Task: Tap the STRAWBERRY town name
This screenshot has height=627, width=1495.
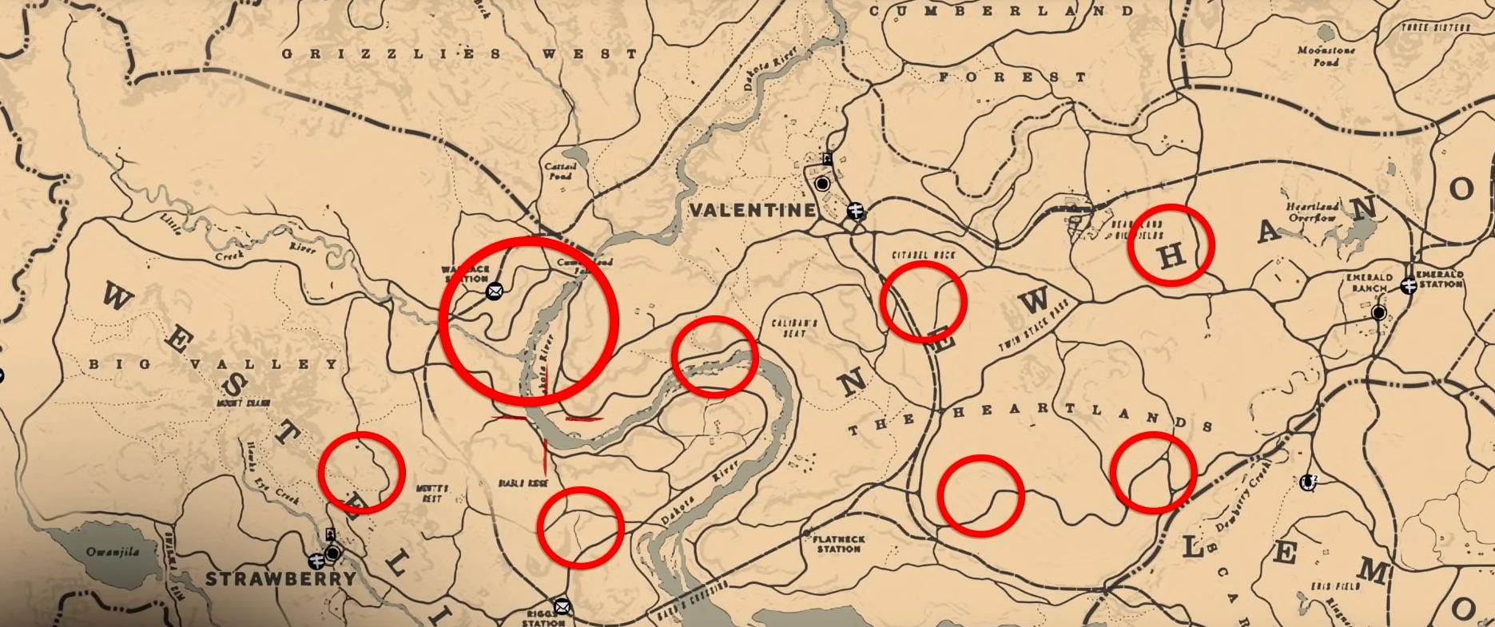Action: point(280,579)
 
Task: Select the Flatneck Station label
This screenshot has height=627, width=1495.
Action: point(838,545)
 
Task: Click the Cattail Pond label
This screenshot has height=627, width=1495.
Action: point(559,171)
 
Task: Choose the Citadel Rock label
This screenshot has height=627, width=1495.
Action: point(923,256)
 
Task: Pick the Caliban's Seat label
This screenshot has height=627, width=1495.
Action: point(794,327)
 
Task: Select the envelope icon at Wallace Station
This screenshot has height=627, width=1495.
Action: point(495,291)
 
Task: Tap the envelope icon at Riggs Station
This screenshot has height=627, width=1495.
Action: point(562,606)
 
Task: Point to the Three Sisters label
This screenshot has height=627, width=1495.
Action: point(1435,28)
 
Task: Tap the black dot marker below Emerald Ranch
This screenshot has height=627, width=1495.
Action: point(1378,313)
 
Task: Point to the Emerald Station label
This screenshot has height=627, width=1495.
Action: point(1439,279)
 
